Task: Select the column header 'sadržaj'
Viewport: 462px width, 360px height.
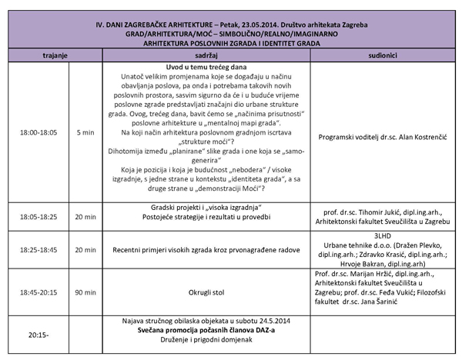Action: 194,56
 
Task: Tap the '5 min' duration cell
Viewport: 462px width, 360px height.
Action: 86,132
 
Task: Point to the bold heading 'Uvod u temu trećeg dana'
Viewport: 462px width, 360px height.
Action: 194,68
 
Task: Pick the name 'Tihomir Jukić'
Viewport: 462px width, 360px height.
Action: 365,212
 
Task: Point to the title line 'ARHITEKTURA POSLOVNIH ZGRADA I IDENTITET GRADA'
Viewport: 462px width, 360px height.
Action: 231,44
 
